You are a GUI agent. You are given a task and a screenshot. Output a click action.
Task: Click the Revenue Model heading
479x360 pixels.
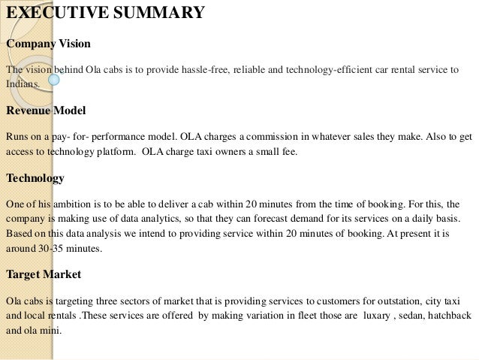coord(46,110)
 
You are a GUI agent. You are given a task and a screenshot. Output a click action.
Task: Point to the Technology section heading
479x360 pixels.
coord(35,178)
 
